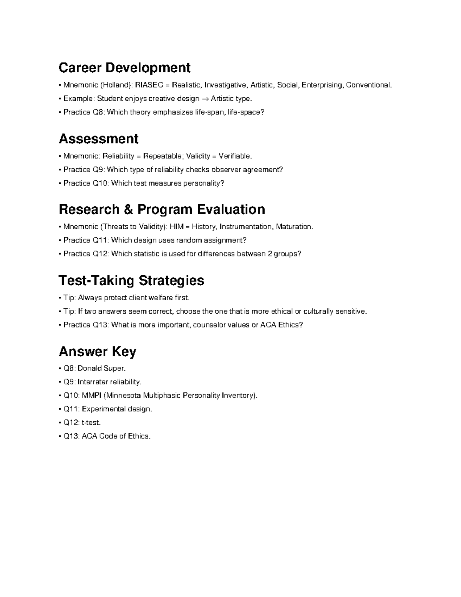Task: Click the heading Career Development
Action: point(124,68)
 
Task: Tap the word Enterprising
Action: point(322,85)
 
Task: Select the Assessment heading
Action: point(98,139)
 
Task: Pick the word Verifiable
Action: point(235,156)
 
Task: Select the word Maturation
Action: point(295,227)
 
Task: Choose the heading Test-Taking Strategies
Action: point(131,280)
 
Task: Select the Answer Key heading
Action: point(97,351)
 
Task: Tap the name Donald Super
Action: point(101,368)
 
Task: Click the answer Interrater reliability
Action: point(109,382)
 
